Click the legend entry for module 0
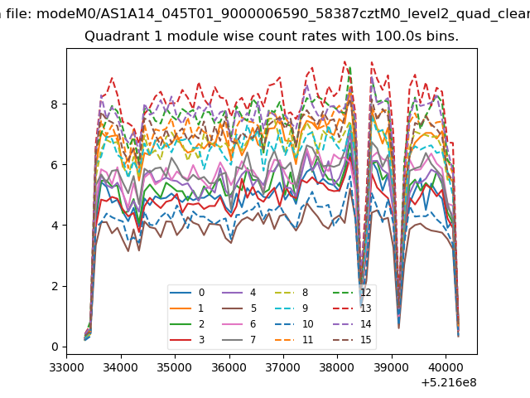[x=187, y=293]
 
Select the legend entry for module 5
[x=239, y=308]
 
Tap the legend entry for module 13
[x=352, y=308]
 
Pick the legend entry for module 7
[x=239, y=339]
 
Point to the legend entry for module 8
[x=291, y=293]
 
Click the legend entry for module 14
[x=352, y=324]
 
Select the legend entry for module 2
[x=187, y=324]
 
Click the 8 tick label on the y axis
[x=55, y=104]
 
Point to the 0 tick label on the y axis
[x=55, y=347]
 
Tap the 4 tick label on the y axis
[x=55, y=226]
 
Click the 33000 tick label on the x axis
[x=66, y=367]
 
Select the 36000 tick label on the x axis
[x=229, y=367]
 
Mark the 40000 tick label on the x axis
[x=446, y=367]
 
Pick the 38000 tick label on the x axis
[x=337, y=367]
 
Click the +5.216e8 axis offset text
[x=449, y=382]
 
